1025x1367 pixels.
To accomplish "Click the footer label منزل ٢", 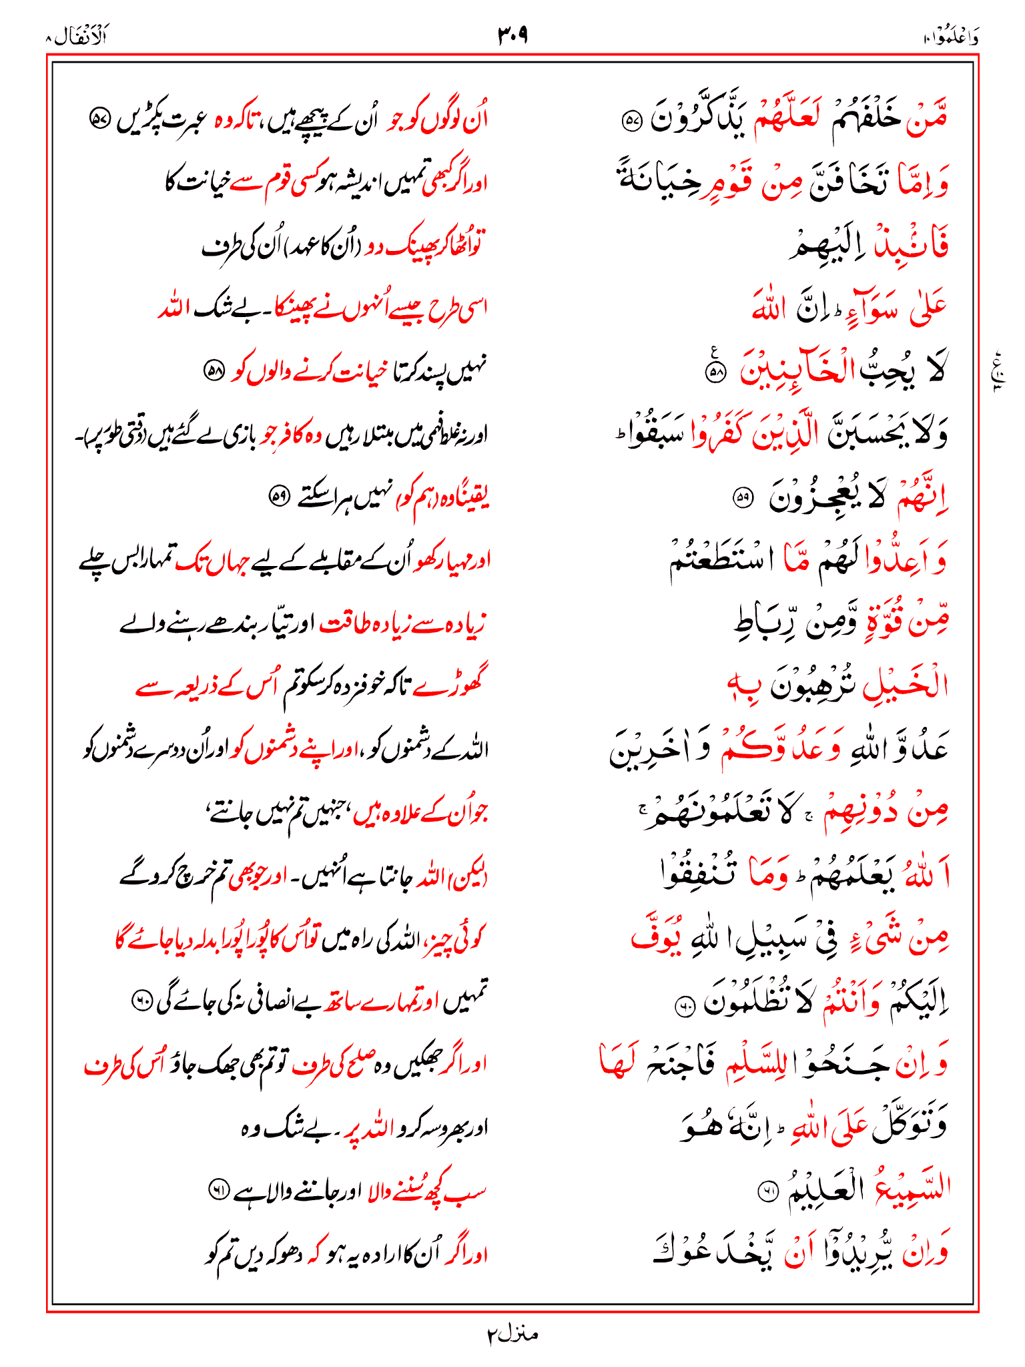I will (512, 1334).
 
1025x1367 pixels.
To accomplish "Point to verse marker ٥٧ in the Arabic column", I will (631, 121).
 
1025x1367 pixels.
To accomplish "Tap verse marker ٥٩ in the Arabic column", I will (742, 497).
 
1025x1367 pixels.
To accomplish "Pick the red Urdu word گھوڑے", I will (458, 686).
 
